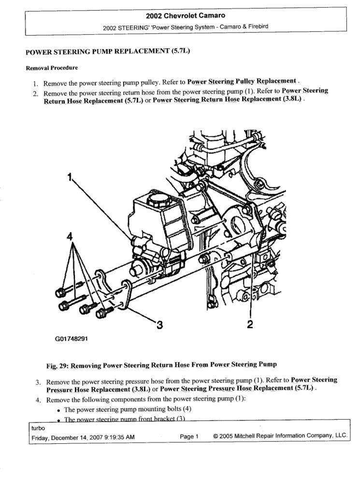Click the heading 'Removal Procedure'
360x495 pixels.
[45, 68]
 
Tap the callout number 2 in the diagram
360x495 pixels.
[250, 325]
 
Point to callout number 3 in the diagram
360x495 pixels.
[159, 325]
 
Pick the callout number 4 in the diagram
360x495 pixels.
[71, 237]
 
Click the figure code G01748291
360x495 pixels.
[71, 339]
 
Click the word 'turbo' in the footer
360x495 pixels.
[38, 428]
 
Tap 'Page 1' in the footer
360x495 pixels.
[189, 437]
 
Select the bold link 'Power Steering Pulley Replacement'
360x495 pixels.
[242, 81]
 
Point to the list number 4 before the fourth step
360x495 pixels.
[38, 400]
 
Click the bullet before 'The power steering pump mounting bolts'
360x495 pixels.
[58, 409]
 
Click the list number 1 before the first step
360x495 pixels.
[36, 83]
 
